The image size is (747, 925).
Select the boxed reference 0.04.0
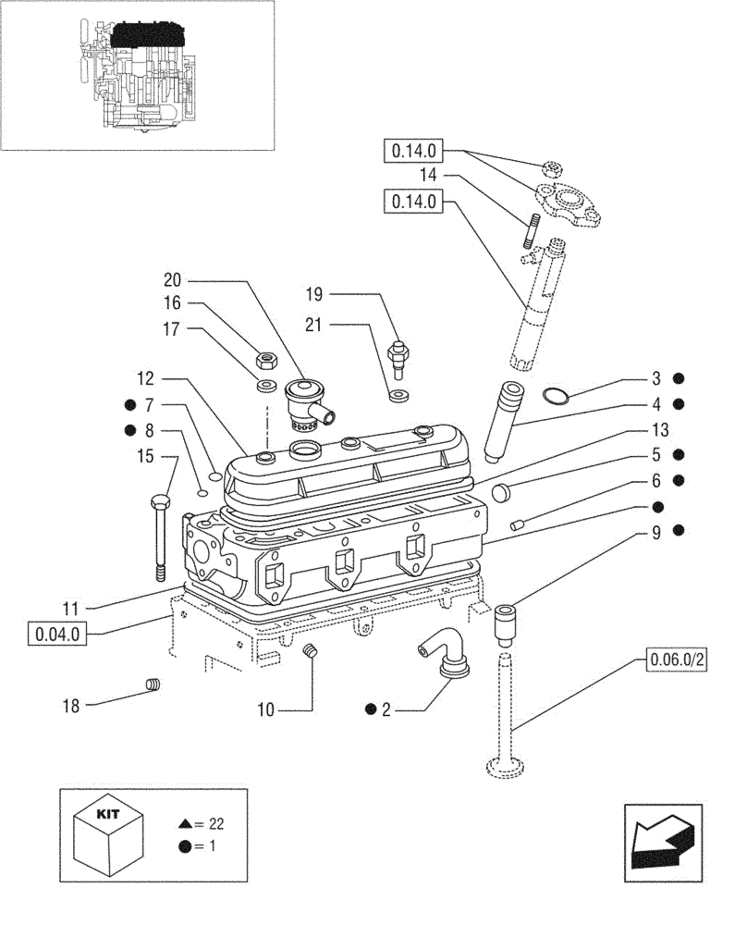click(x=57, y=634)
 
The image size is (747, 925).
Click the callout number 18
click(x=71, y=706)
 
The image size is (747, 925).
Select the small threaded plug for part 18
click(x=154, y=685)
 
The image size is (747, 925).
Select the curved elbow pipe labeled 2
click(x=441, y=652)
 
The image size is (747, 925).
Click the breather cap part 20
click(x=305, y=407)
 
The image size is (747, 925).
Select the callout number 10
click(x=266, y=709)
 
